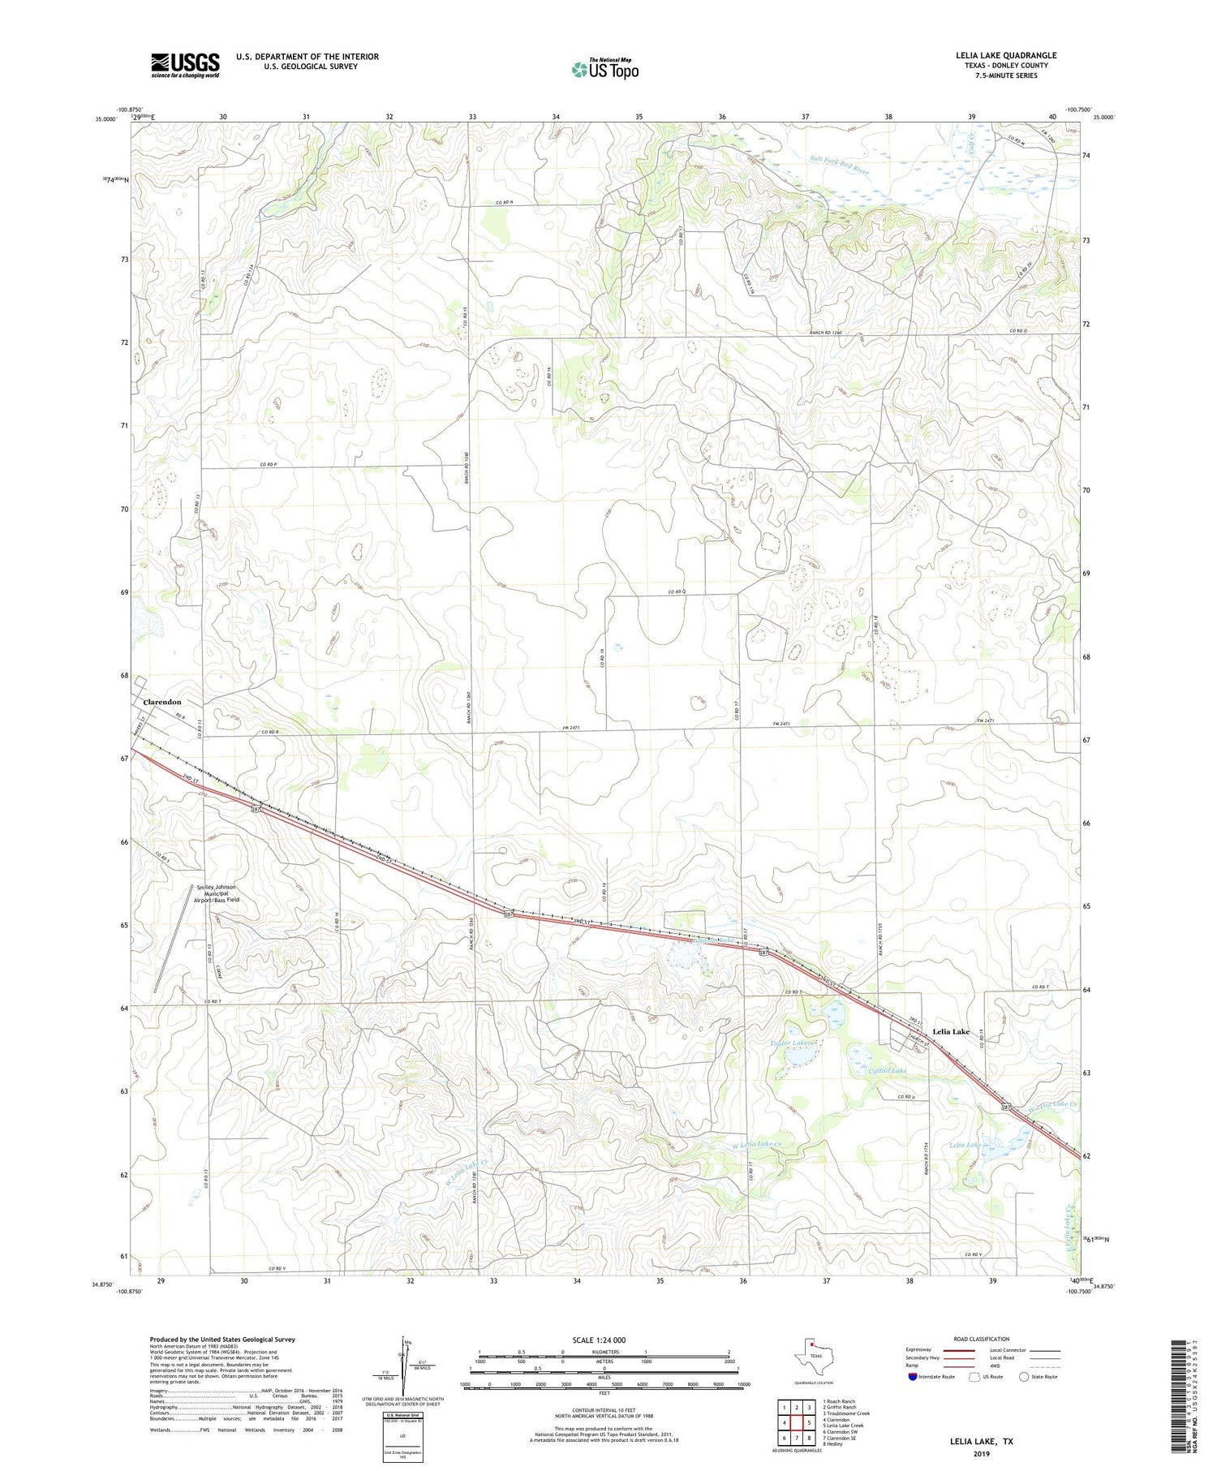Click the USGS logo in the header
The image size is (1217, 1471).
(x=185, y=65)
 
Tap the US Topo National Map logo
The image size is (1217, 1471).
(x=604, y=69)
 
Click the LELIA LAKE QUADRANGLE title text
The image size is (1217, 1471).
(x=1006, y=55)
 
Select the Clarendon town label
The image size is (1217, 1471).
(x=162, y=702)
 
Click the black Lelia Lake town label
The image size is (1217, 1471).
(x=951, y=1031)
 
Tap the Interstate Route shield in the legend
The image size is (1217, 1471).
(x=914, y=1377)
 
